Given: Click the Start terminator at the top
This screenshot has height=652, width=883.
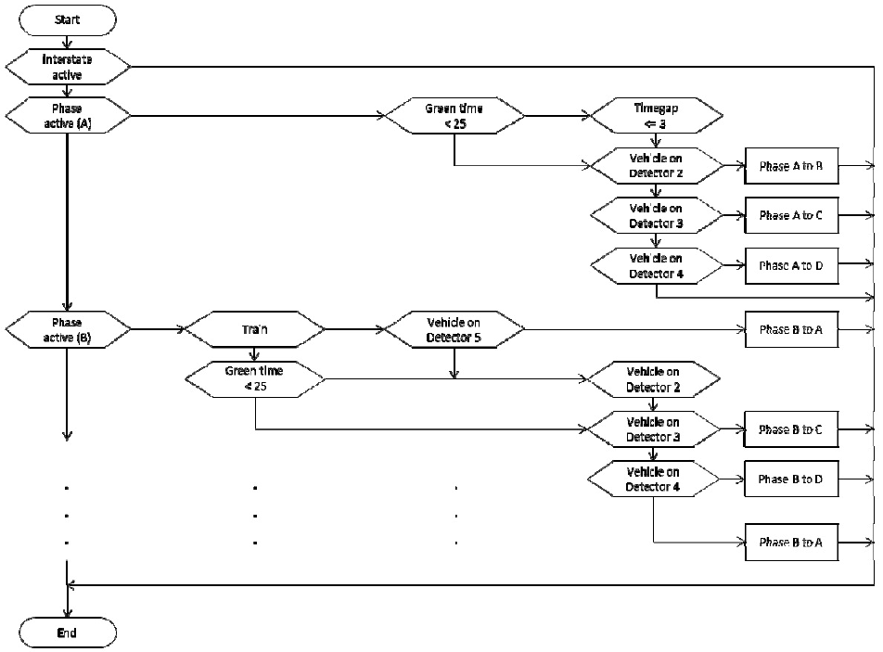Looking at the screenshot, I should coord(68,19).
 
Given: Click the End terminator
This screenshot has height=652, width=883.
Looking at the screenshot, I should coord(68,633).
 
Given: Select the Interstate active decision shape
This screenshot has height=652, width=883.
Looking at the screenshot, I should coord(68,67).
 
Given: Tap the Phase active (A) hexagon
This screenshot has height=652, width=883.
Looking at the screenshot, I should coord(68,116).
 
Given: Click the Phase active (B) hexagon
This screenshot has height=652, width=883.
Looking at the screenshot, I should coord(68,328).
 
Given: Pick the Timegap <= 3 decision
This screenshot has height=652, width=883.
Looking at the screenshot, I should coord(655,116).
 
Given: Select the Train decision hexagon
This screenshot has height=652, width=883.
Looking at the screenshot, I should coord(255,328).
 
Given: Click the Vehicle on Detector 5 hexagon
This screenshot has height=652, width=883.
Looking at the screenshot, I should coord(454,328).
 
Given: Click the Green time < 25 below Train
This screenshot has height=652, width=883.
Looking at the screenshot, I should coord(255,378).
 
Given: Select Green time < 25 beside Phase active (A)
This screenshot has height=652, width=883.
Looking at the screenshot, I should coord(454,116).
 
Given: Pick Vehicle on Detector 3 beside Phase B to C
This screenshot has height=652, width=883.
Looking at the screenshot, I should coord(653,429).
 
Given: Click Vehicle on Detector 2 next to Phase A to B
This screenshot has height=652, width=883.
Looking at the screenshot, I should coord(655,166).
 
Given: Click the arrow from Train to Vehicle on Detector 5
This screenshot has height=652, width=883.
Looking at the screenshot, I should coord(353,328).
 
